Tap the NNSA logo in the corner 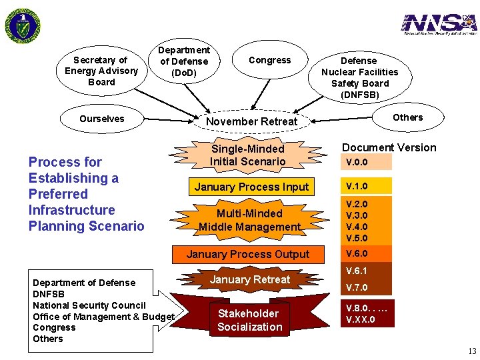(x=439, y=24)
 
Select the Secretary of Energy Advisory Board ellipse (x=101, y=71)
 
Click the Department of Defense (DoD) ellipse (x=183, y=61)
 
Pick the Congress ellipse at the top (x=269, y=61)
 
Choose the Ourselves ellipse (x=101, y=119)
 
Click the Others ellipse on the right (x=407, y=117)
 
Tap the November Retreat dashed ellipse (x=251, y=121)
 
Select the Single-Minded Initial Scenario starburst (x=247, y=155)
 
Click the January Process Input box (x=251, y=187)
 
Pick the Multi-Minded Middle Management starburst (x=249, y=220)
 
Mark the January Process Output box (x=248, y=254)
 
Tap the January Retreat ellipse (x=250, y=279)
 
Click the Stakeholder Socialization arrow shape (x=249, y=320)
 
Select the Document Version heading (x=389, y=148)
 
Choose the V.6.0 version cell (x=366, y=254)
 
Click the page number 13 (x=471, y=351)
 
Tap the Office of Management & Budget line (x=103, y=317)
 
